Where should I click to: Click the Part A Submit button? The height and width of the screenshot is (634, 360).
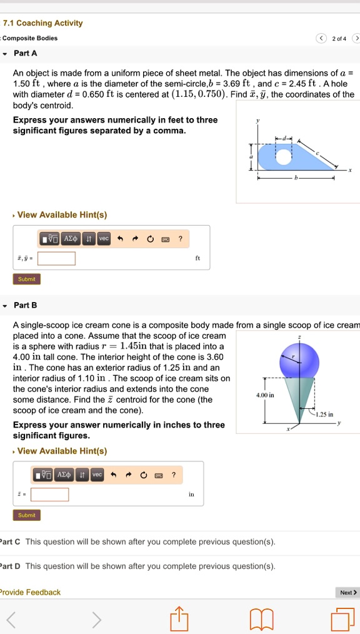pyautogui.click(x=27, y=279)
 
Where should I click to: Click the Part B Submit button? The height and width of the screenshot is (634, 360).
pyautogui.click(x=27, y=515)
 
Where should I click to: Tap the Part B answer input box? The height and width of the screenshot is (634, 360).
pyautogui.click(x=50, y=495)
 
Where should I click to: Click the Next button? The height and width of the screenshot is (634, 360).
pyautogui.click(x=348, y=592)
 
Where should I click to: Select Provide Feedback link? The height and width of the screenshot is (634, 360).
pyautogui.click(x=31, y=592)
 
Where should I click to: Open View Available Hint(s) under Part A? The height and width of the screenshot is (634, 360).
pyautogui.click(x=62, y=215)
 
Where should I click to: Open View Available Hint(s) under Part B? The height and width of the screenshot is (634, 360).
pyautogui.click(x=62, y=451)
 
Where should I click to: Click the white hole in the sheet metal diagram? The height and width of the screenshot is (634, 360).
pyautogui.click(x=284, y=156)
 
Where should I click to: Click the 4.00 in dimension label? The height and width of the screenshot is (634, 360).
pyautogui.click(x=264, y=395)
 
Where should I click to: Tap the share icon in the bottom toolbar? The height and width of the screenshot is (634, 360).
pyautogui.click(x=179, y=619)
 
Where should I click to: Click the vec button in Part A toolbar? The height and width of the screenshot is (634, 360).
pyautogui.click(x=103, y=239)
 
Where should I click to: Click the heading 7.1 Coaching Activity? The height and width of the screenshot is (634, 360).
pyautogui.click(x=42, y=23)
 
